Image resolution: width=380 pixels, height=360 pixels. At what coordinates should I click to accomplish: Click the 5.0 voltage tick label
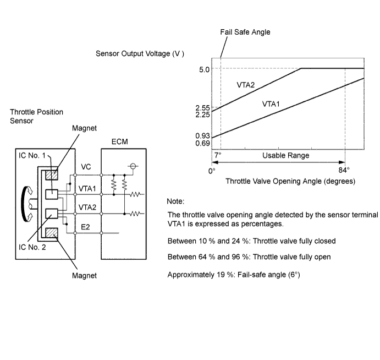pos(204,69)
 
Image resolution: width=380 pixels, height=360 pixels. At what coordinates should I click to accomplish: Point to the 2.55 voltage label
pos(202,108)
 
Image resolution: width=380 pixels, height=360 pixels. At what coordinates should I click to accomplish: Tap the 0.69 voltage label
pos(202,143)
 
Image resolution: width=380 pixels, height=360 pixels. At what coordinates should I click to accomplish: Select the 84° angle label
pos(344,170)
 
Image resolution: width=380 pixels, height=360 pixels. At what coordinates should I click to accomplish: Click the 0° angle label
pos(212,171)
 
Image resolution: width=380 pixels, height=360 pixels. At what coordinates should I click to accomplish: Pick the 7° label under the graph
pos(218,155)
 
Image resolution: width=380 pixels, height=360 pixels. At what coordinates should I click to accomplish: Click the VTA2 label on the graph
pos(245,85)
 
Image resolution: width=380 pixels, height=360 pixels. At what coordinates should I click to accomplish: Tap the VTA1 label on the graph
pos(271,104)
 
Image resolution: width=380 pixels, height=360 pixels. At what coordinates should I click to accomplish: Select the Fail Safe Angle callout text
pos(245,32)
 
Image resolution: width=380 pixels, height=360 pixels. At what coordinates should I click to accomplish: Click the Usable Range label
pos(286,155)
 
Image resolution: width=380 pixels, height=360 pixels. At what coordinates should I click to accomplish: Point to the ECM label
pos(119,141)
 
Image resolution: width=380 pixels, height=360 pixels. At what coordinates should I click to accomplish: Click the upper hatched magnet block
pos(52,174)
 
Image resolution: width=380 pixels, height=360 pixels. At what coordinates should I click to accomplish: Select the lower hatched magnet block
pos(52,233)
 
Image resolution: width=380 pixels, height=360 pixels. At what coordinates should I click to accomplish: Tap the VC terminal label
pos(86,167)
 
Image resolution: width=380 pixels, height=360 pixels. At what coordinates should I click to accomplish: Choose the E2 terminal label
pos(85,227)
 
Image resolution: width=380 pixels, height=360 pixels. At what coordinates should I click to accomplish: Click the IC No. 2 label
pos(32,247)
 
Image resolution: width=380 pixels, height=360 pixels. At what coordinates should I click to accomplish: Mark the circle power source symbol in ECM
pos(133,166)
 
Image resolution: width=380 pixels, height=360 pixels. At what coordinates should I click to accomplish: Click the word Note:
pos(175,201)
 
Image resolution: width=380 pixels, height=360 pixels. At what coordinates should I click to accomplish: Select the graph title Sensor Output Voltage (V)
pos(140,53)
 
